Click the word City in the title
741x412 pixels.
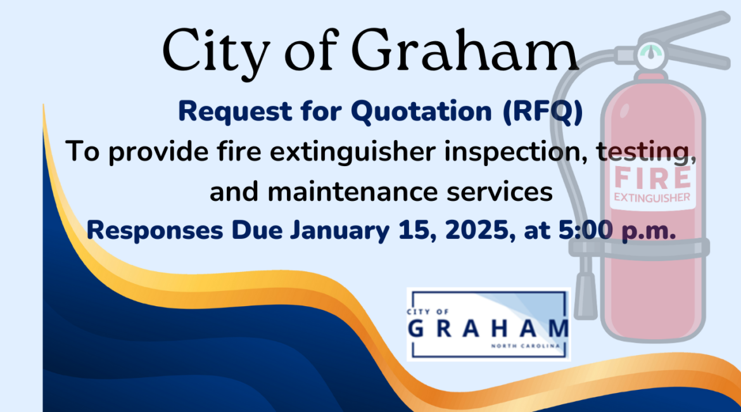click(216, 53)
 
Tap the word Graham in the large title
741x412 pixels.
click(465, 49)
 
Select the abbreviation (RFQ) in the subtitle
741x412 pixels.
click(543, 112)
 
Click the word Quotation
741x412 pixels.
click(421, 112)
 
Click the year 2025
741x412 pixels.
click(480, 231)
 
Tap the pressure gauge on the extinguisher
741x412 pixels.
click(651, 55)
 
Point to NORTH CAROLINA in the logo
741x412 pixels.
click(525, 346)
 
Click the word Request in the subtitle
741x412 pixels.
click(235, 112)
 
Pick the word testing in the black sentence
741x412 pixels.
click(646, 152)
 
